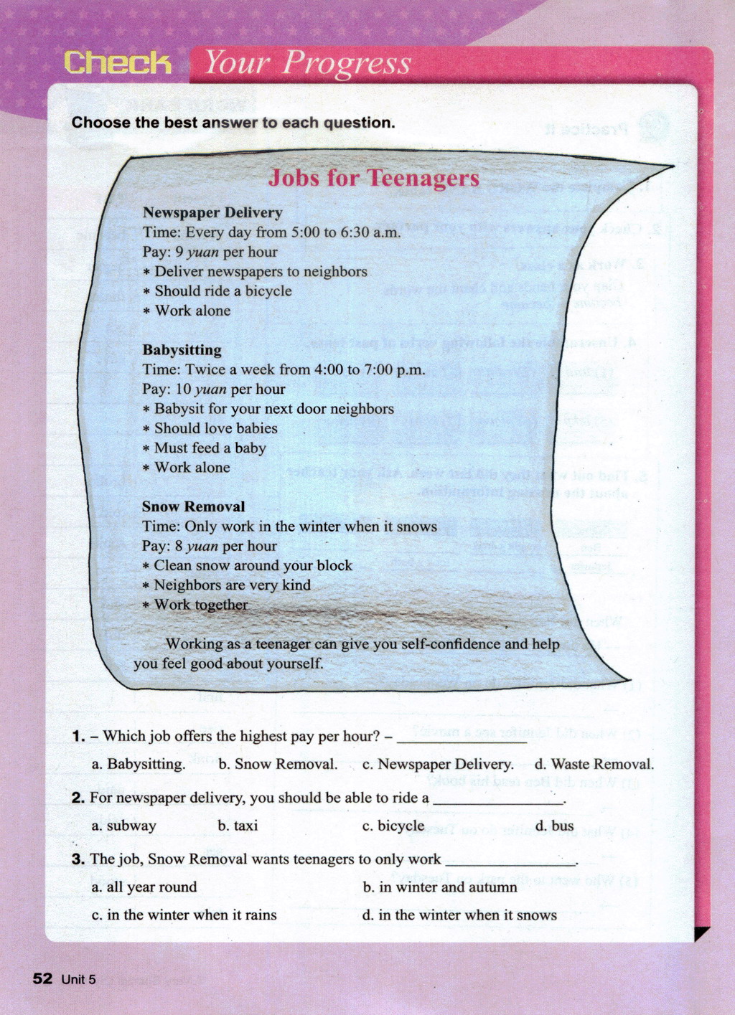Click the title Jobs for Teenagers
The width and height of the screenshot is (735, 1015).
pyautogui.click(x=373, y=178)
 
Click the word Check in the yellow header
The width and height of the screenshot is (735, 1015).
pyautogui.click(x=118, y=63)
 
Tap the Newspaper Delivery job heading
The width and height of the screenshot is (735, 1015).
pyautogui.click(x=212, y=212)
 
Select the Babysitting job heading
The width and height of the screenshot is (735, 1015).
pyautogui.click(x=182, y=350)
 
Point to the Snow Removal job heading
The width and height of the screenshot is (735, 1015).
pyautogui.click(x=193, y=506)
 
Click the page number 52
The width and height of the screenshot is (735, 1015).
pyautogui.click(x=42, y=979)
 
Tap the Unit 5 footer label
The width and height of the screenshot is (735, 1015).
pyautogui.click(x=78, y=980)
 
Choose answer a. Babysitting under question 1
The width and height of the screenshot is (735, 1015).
pyautogui.click(x=139, y=764)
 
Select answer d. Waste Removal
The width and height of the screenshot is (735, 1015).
pyautogui.click(x=594, y=764)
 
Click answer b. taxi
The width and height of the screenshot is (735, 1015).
pyautogui.click(x=238, y=826)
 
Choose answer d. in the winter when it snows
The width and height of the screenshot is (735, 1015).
pyautogui.click(x=459, y=915)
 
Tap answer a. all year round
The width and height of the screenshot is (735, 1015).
pyautogui.click(x=144, y=887)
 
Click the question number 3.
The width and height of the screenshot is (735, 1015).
pyautogui.click(x=78, y=859)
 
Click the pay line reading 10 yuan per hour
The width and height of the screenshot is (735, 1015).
pyautogui.click(x=214, y=389)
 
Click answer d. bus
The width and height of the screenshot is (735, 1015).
pyautogui.click(x=554, y=826)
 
